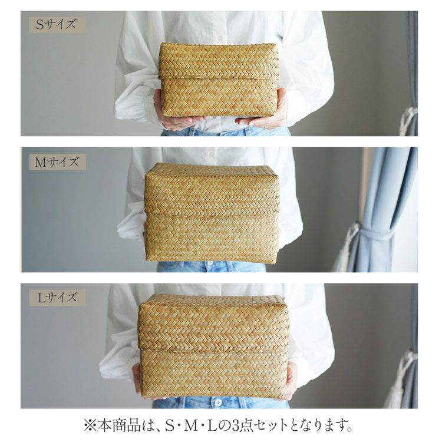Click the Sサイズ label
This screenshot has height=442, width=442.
click(57, 25)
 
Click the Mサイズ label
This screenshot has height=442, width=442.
click(57, 162)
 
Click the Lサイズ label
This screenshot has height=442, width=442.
click(57, 298)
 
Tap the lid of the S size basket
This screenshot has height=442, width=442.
click(219, 61)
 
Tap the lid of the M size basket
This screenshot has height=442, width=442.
click(212, 189)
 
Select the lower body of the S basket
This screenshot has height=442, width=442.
click(219, 97)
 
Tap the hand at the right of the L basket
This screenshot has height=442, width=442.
click(291, 380)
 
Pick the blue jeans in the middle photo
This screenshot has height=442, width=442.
click(211, 266)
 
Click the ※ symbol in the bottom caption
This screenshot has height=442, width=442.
click(90, 425)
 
